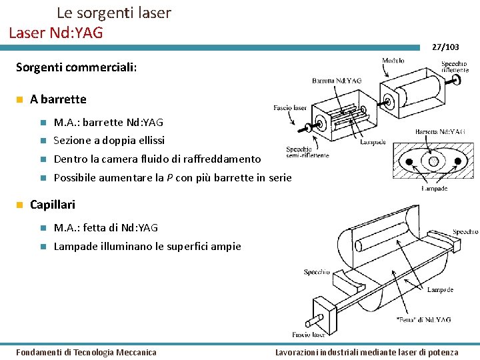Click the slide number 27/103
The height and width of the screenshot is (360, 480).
point(445,47)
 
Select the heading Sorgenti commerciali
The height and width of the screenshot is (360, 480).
point(76,67)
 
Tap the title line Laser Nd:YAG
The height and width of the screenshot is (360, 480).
point(56,31)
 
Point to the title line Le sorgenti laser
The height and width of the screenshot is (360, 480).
point(113,13)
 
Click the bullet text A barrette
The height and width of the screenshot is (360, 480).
point(58,99)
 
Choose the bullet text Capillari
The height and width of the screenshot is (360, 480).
point(53,205)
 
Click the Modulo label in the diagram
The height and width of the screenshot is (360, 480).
point(393,61)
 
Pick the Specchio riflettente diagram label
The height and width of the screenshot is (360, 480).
point(459,67)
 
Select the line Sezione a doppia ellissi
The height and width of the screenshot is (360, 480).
point(109,141)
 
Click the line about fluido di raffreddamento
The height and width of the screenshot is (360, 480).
point(157,159)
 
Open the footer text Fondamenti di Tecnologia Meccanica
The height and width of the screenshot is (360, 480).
point(86,352)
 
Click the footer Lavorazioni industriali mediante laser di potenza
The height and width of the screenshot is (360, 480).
point(367,352)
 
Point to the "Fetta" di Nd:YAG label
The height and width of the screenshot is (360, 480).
point(423,319)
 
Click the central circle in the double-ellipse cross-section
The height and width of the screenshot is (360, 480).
point(433,161)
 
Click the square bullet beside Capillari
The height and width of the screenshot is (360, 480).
point(21,205)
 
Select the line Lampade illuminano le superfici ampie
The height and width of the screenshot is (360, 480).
point(147,247)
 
